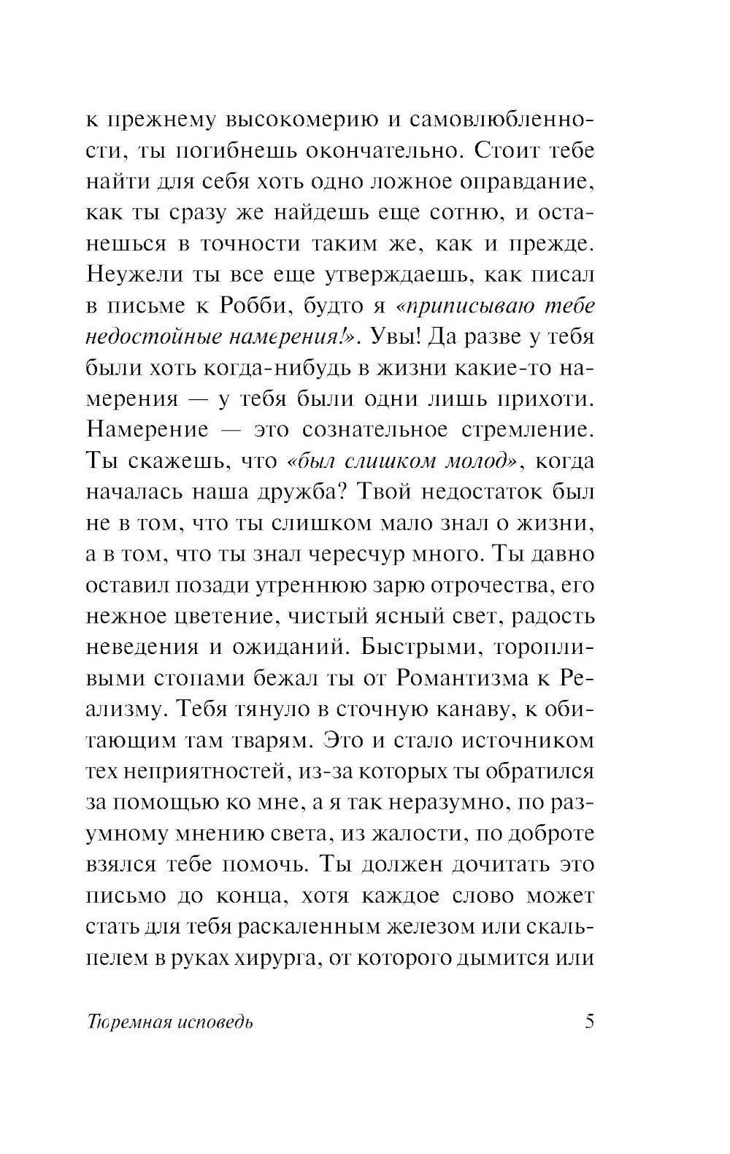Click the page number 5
590,1021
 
